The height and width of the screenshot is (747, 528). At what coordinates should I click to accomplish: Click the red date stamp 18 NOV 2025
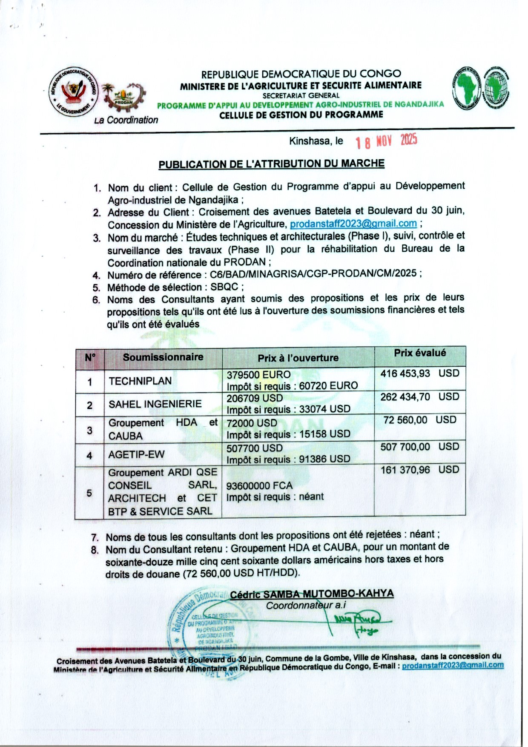pos(386,141)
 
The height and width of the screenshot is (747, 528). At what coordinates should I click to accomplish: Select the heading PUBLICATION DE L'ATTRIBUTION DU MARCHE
pos(271,164)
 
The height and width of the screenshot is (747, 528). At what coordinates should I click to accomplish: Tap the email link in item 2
pos(353,224)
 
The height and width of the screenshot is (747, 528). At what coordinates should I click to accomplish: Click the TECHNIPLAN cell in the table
pos(140,381)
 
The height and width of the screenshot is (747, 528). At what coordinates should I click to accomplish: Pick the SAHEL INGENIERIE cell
pos(155,404)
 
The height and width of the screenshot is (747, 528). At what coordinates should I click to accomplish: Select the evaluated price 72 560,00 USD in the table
pos(419,420)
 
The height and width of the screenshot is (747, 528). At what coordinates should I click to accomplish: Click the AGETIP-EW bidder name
pos(136,454)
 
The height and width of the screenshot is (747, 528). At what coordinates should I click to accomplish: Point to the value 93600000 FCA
pos(259,486)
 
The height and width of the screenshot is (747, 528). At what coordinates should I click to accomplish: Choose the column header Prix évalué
pos(420,353)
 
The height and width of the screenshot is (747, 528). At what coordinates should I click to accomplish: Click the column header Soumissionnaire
pos(163,357)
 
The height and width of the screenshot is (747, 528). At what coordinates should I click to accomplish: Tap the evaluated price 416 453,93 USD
pos(419,373)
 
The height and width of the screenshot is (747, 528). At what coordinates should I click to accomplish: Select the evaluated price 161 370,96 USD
pos(419,470)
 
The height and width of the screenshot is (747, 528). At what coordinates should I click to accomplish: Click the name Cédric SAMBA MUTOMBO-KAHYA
pos(312,594)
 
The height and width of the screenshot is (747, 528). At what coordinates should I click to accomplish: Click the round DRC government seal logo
pos(73,91)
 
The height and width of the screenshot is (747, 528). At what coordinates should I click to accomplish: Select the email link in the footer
pos(453,665)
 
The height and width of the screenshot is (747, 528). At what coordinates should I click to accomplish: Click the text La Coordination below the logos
pos(126,120)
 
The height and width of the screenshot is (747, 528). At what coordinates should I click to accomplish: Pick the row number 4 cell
pos(89,455)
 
